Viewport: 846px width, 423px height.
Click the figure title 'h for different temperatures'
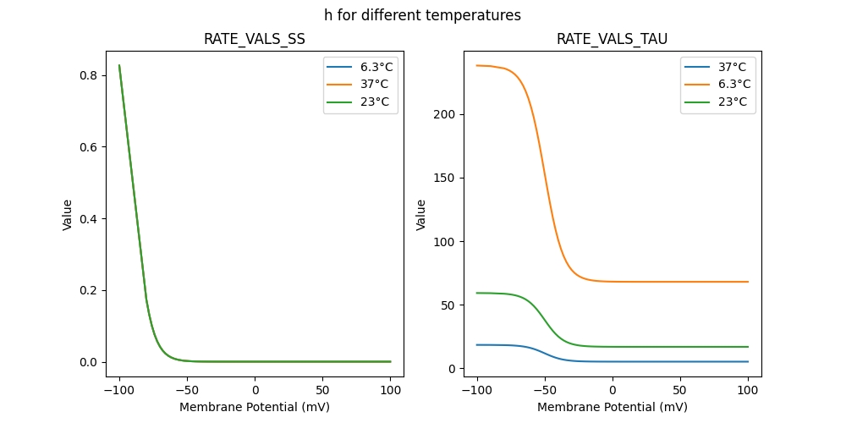422,15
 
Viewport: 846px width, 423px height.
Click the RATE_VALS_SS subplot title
255,39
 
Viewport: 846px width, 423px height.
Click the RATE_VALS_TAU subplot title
613,39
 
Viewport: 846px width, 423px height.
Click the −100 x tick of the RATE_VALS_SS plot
119,391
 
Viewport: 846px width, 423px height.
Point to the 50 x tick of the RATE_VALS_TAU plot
680,391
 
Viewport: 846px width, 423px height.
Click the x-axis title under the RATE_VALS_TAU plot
613,407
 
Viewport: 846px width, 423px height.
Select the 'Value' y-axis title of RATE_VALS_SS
68,215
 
